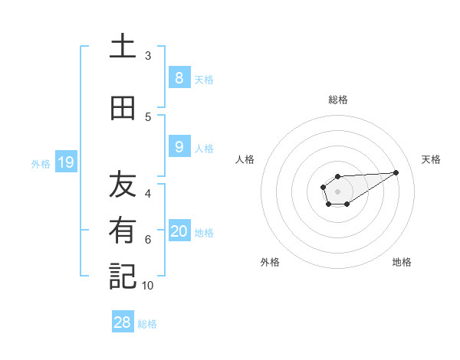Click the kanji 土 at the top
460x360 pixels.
coord(123,47)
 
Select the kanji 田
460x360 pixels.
coord(123,109)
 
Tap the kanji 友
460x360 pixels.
coord(123,185)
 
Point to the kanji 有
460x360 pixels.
coord(123,231)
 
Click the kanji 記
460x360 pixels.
coord(123,277)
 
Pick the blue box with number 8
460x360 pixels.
coord(179,78)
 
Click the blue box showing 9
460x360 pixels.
coord(179,147)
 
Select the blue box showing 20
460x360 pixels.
coord(179,231)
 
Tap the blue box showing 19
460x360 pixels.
coord(65,162)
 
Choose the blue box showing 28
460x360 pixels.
coord(123,322)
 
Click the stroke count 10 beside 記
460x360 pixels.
coord(148,285)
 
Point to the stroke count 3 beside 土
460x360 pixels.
coord(148,56)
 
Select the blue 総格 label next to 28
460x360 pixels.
coord(147,323)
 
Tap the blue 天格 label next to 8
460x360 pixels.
coord(204,79)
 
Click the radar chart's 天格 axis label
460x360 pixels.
coord(431,159)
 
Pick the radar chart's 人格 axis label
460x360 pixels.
coord(245,159)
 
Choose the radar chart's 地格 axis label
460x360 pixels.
coord(402,262)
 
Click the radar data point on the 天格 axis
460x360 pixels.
coord(396,172)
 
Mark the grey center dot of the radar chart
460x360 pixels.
coord(337,191)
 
